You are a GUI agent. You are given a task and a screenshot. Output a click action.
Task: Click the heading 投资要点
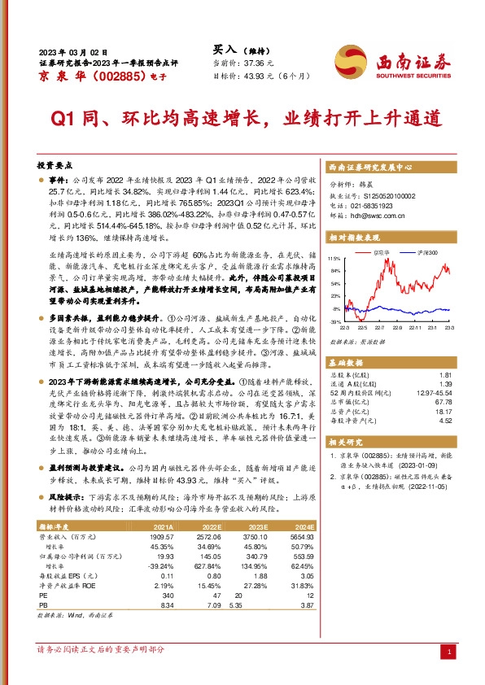56,164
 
